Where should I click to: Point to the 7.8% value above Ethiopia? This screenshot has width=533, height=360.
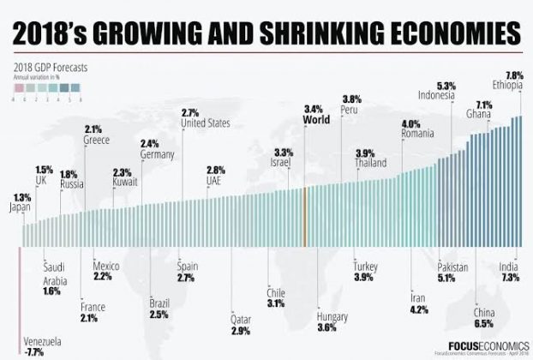(514, 75)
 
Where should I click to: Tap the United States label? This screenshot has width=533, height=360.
(206, 123)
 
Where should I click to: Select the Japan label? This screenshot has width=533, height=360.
(20, 207)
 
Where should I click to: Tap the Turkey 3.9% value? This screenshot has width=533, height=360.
(364, 277)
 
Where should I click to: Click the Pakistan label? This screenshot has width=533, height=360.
(452, 267)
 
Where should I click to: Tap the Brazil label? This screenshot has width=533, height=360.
(159, 303)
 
